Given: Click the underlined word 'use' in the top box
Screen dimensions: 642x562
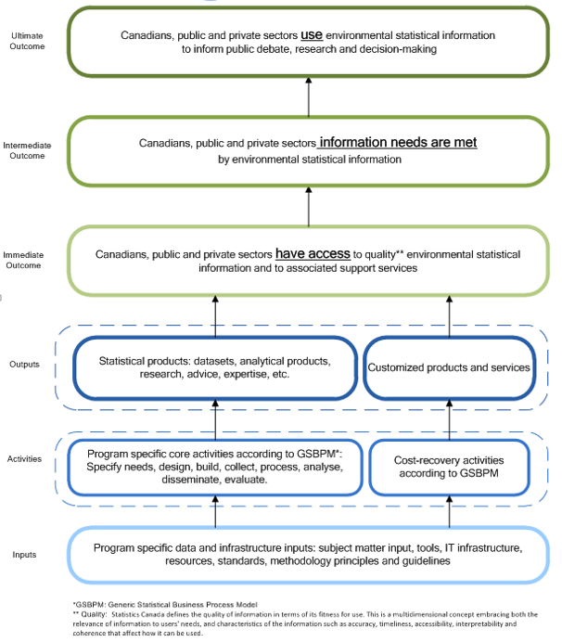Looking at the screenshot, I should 311,35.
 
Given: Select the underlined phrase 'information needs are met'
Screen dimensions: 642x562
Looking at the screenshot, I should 398,143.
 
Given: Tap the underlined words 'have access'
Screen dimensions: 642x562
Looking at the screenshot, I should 313,253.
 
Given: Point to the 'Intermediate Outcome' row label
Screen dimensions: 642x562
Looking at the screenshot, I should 27,150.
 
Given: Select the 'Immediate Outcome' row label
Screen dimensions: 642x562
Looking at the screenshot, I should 27,259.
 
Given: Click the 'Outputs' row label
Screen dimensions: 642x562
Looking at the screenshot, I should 25,364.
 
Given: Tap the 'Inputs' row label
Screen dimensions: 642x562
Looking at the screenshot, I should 25,555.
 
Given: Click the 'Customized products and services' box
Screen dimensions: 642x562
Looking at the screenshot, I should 449,367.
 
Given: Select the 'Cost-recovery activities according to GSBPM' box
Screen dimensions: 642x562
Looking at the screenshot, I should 449,467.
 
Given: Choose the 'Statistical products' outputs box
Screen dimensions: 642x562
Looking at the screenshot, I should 214,367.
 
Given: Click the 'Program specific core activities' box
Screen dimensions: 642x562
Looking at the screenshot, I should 214,467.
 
